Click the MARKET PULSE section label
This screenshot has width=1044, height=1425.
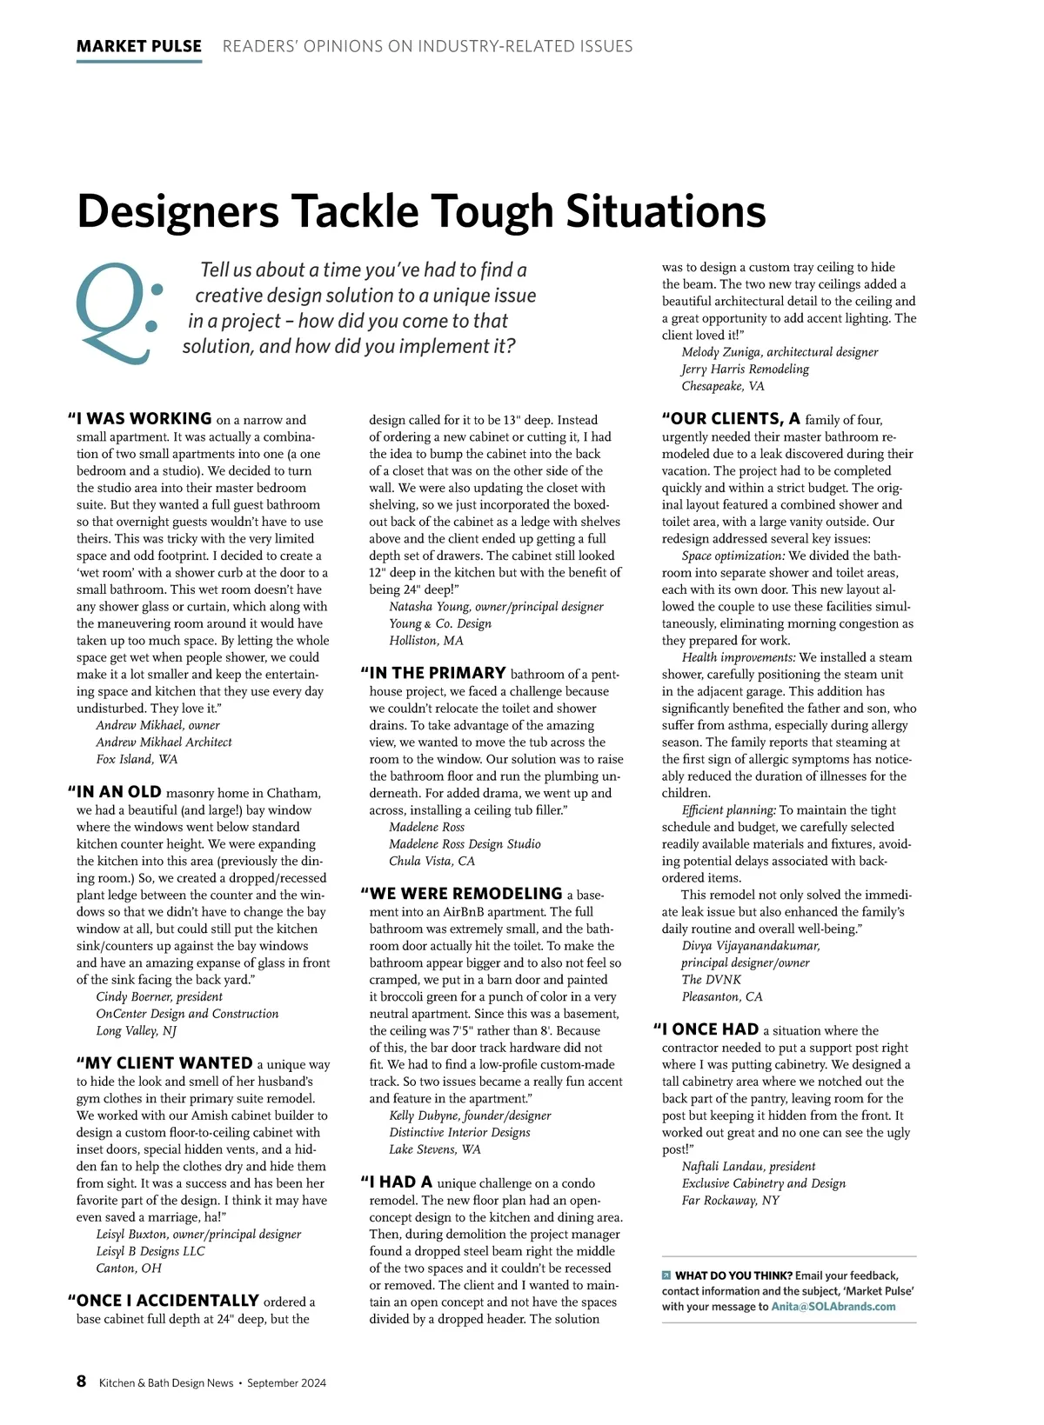(139, 46)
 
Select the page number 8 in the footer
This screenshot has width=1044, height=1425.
(82, 1382)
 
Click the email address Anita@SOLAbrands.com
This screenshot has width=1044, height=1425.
(833, 1306)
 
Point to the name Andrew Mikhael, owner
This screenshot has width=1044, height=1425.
(157, 725)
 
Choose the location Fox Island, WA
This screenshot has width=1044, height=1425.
(137, 759)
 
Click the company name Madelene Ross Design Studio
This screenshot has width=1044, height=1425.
(465, 844)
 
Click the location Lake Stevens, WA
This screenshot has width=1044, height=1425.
(434, 1149)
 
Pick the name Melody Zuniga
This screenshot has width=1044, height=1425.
(721, 352)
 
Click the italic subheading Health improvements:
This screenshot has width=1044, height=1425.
(739, 657)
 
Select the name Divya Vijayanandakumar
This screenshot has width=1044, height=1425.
(750, 946)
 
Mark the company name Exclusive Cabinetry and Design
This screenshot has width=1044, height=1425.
(763, 1183)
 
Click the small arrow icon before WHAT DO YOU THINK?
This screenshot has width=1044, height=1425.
(666, 1275)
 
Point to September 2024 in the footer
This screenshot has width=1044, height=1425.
(286, 1383)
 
